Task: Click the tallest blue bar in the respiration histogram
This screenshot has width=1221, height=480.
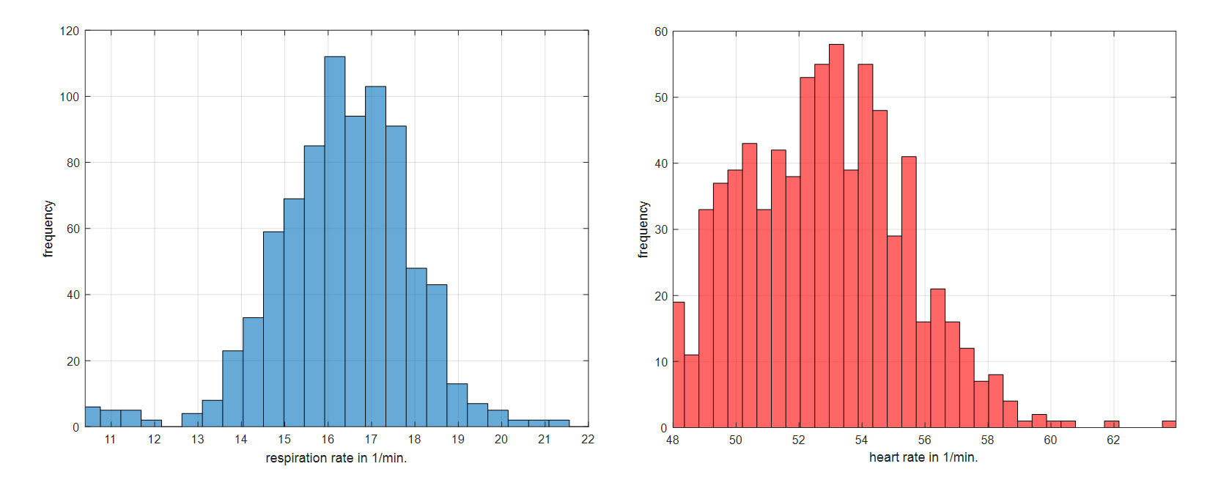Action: pos(334,242)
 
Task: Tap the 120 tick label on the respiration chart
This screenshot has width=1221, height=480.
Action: pos(70,31)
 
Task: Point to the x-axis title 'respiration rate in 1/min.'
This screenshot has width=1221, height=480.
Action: pos(336,458)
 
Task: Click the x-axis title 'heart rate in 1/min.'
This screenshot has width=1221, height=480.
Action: pos(923,457)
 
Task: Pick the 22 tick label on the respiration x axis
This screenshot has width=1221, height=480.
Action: pos(588,440)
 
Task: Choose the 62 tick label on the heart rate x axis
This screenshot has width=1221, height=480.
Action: pos(1113,440)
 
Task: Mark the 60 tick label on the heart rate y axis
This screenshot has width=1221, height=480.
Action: pos(661,32)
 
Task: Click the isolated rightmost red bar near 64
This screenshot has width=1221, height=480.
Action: pos(1169,424)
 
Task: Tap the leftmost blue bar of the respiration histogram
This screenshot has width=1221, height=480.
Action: pos(93,417)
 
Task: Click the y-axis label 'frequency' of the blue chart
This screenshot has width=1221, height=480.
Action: pos(48,229)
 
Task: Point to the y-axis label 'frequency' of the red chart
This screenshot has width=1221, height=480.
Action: pos(643,229)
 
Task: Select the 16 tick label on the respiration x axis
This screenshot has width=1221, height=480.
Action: pos(328,440)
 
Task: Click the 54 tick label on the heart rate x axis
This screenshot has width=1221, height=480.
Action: pos(861,440)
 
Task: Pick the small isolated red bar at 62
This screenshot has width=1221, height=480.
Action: pos(1112,424)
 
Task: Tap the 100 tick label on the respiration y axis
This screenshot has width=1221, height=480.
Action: pos(70,97)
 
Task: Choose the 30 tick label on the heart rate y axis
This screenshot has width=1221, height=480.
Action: pos(661,229)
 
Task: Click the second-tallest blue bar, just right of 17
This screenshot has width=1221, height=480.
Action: pos(375,256)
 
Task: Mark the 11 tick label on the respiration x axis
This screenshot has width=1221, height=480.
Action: pos(110,440)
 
